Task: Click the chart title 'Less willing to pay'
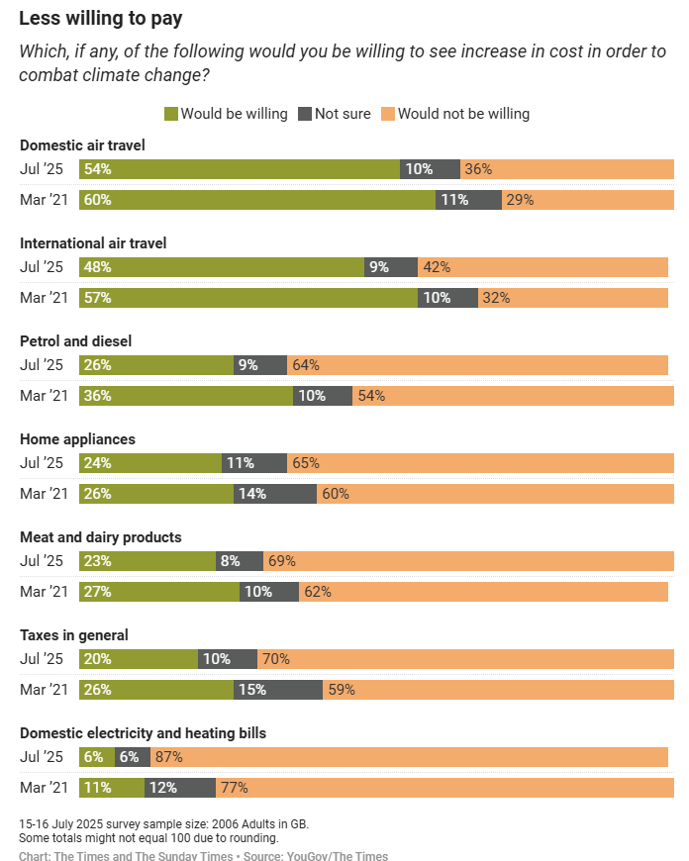tap(100, 18)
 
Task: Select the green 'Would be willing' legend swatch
tap(170, 114)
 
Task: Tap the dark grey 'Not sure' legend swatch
tap(304, 114)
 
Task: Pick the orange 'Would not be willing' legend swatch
tap(387, 114)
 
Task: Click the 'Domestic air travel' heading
tap(82, 145)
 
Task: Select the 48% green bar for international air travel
tap(222, 267)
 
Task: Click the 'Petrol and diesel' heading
tap(75, 341)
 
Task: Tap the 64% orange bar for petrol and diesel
tap(478, 365)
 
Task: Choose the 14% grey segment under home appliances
tap(275, 494)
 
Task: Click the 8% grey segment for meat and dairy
tap(240, 561)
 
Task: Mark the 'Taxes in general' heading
tap(74, 635)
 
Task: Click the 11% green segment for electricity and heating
tap(112, 788)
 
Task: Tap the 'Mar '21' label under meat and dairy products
tap(44, 592)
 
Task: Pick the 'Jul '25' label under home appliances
tap(42, 462)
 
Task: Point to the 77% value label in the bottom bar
tap(235, 788)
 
